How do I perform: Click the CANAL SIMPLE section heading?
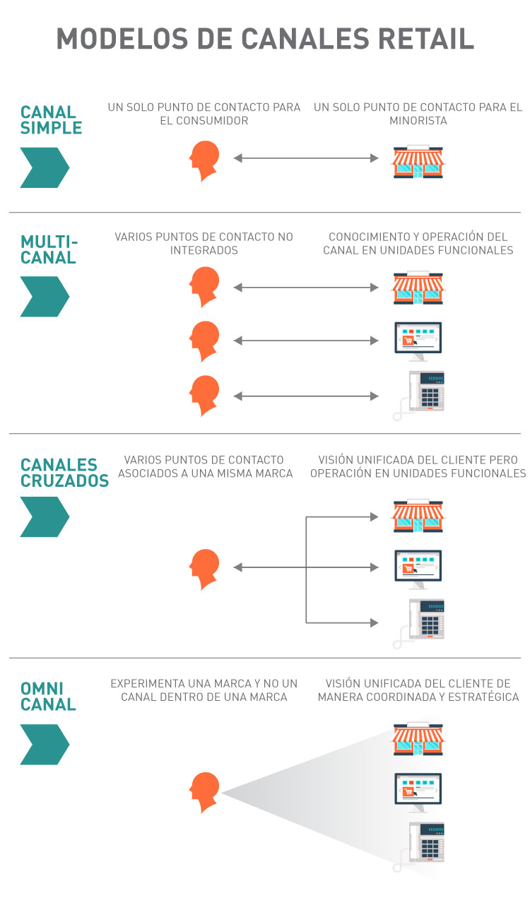(51, 120)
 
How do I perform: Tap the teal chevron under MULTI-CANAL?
(45, 296)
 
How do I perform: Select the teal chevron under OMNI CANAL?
(45, 744)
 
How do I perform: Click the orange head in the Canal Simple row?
(204, 160)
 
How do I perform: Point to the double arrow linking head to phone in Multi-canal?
(306, 396)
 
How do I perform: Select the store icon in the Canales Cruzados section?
(419, 516)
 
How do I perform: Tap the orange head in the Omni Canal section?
(204, 792)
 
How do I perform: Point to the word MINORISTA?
(418, 121)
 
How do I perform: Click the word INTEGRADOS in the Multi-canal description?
(204, 250)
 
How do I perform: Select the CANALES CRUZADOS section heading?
(64, 473)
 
